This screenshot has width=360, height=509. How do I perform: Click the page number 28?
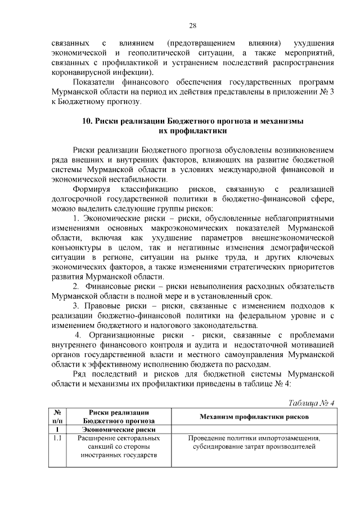point(192,25)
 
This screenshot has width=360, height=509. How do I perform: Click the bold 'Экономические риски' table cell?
point(118,429)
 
